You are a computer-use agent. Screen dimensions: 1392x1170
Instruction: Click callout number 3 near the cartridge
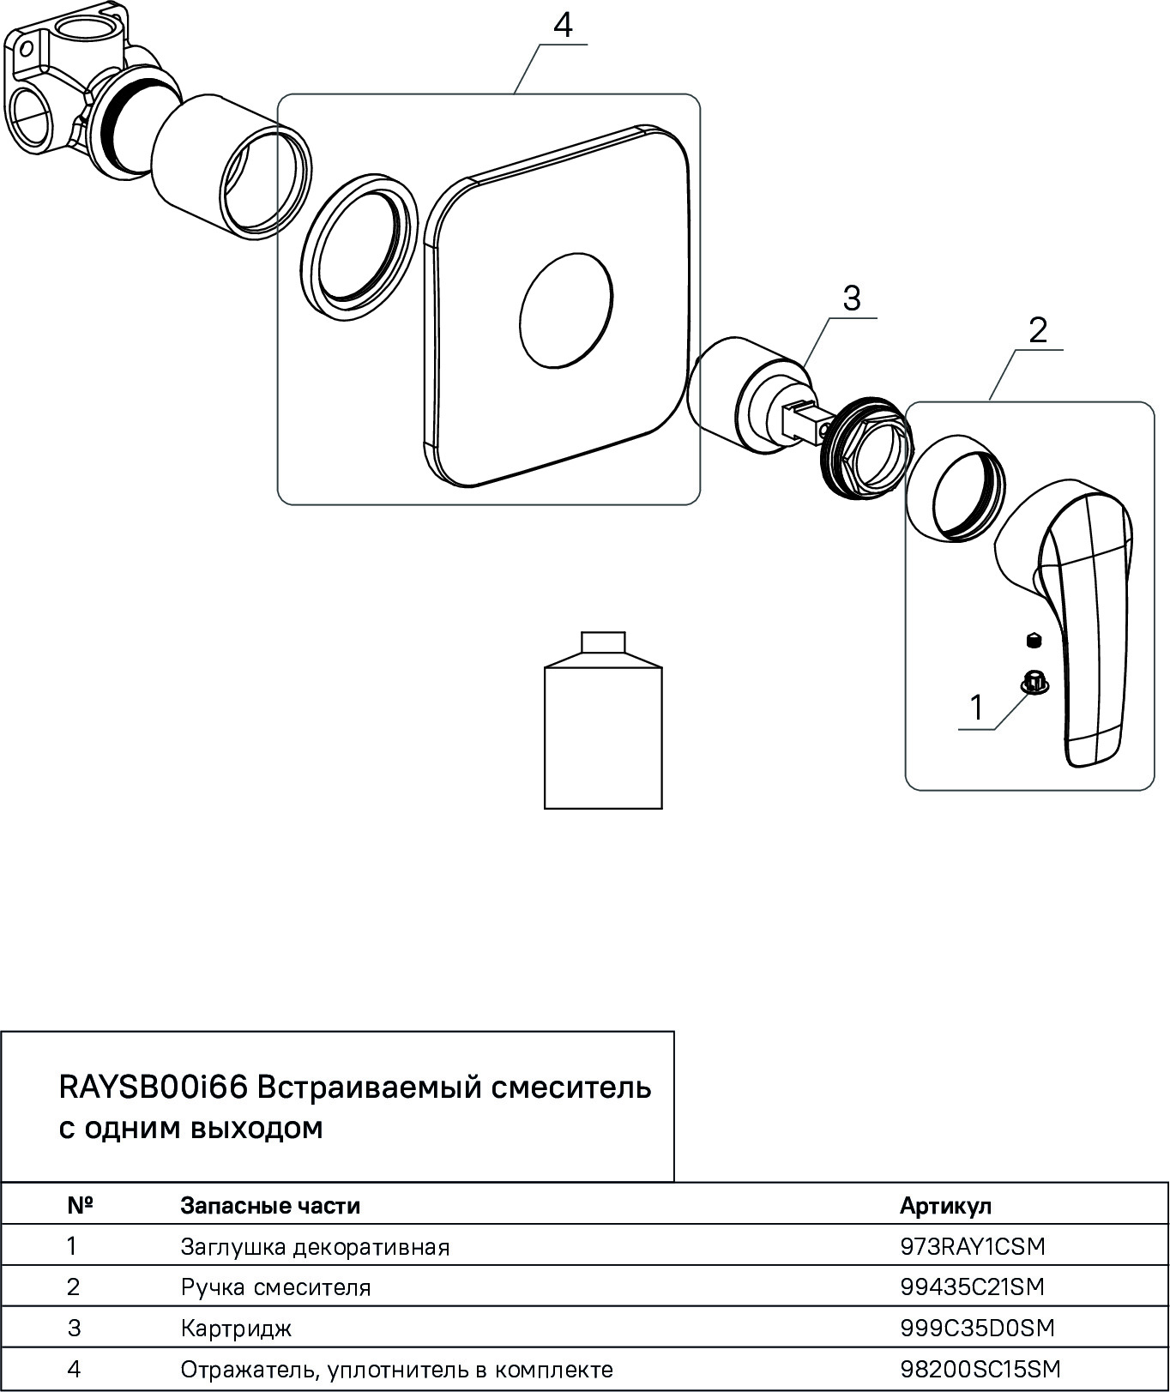click(851, 299)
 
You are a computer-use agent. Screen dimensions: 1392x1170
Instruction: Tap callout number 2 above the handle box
click(1038, 330)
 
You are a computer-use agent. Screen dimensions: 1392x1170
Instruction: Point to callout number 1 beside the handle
click(976, 708)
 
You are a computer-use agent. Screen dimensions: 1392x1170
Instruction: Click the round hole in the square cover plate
click(566, 310)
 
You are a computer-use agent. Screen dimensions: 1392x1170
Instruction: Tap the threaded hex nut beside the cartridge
click(861, 449)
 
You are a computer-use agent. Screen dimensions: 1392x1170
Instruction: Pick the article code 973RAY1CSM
click(973, 1246)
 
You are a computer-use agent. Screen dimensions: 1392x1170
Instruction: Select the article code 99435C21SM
click(973, 1287)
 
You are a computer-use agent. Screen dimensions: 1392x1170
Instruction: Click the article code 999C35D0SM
click(977, 1328)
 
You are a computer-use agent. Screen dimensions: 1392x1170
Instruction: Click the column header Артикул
click(945, 1206)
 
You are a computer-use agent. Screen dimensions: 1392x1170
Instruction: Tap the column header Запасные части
click(270, 1206)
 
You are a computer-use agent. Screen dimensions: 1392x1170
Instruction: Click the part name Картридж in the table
click(236, 1329)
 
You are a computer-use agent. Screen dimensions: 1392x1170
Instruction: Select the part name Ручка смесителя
click(275, 1287)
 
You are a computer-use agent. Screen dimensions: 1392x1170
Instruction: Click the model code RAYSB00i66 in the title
click(154, 1088)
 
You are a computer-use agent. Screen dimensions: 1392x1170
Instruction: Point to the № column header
click(80, 1206)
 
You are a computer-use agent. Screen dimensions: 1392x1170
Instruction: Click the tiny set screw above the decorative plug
click(1034, 639)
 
